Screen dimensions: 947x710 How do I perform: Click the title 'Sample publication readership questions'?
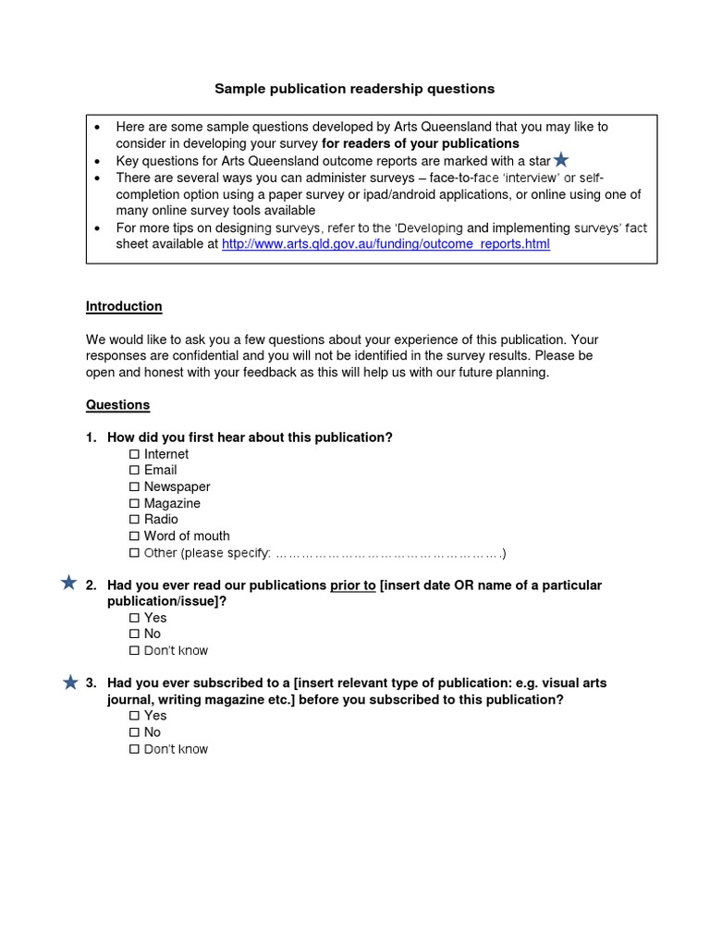[354, 89]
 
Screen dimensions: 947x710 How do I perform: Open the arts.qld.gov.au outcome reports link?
[386, 244]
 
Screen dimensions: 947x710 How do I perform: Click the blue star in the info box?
[560, 160]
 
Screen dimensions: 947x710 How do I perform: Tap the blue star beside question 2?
[68, 583]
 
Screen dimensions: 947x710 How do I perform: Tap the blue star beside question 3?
[70, 683]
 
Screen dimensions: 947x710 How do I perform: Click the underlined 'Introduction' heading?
[124, 306]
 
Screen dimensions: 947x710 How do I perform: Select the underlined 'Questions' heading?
[117, 405]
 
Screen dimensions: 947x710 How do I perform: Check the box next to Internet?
[134, 454]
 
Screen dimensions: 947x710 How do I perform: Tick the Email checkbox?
[134, 471]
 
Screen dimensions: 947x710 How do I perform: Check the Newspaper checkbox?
[134, 487]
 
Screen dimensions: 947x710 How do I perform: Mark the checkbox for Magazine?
[134, 504]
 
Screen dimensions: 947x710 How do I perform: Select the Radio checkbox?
[134, 520]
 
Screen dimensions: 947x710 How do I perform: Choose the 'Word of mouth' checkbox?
[134, 536]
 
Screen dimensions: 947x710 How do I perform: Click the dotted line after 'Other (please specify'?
[388, 554]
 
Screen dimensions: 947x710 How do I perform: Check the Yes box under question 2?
[134, 618]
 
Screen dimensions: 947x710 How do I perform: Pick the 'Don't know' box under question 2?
[134, 651]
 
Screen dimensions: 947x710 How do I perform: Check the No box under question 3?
[134, 732]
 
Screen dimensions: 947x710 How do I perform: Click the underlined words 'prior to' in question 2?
[352, 585]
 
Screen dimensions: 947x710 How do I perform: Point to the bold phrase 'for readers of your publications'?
[420, 143]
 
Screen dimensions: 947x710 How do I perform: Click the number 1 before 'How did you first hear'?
[91, 437]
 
